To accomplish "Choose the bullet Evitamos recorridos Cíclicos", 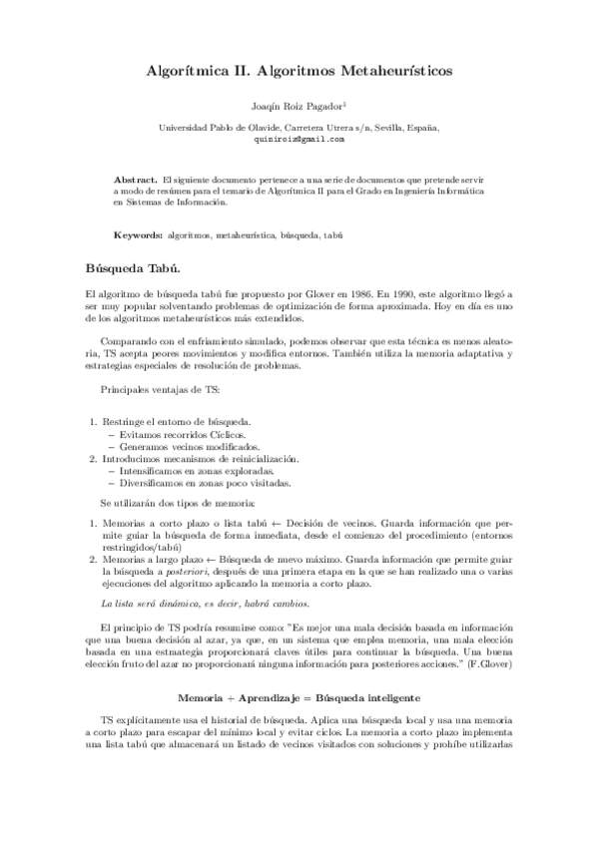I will (178, 435).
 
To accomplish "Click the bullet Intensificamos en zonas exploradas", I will (190, 470).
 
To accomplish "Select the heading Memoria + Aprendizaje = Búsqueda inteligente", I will (299, 694).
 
